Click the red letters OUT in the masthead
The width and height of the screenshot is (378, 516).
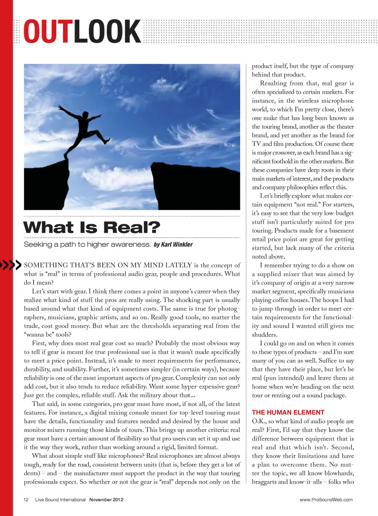pyautogui.click(x=48, y=32)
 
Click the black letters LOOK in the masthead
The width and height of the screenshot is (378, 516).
pyautogui.click(x=107, y=32)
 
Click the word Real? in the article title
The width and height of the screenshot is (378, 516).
pyautogui.click(x=132, y=227)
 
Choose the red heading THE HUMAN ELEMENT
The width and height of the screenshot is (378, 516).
pyautogui.click(x=288, y=412)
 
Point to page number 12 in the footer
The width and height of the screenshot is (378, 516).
pyautogui.click(x=26, y=500)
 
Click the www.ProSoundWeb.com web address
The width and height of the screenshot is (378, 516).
pyautogui.click(x=326, y=500)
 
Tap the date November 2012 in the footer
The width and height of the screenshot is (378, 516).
pyautogui.click(x=106, y=500)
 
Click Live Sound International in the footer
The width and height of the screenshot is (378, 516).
pyautogui.click(x=60, y=500)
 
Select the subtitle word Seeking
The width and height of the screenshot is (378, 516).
pyautogui.click(x=38, y=245)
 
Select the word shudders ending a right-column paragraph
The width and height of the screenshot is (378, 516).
pyautogui.click(x=265, y=335)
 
